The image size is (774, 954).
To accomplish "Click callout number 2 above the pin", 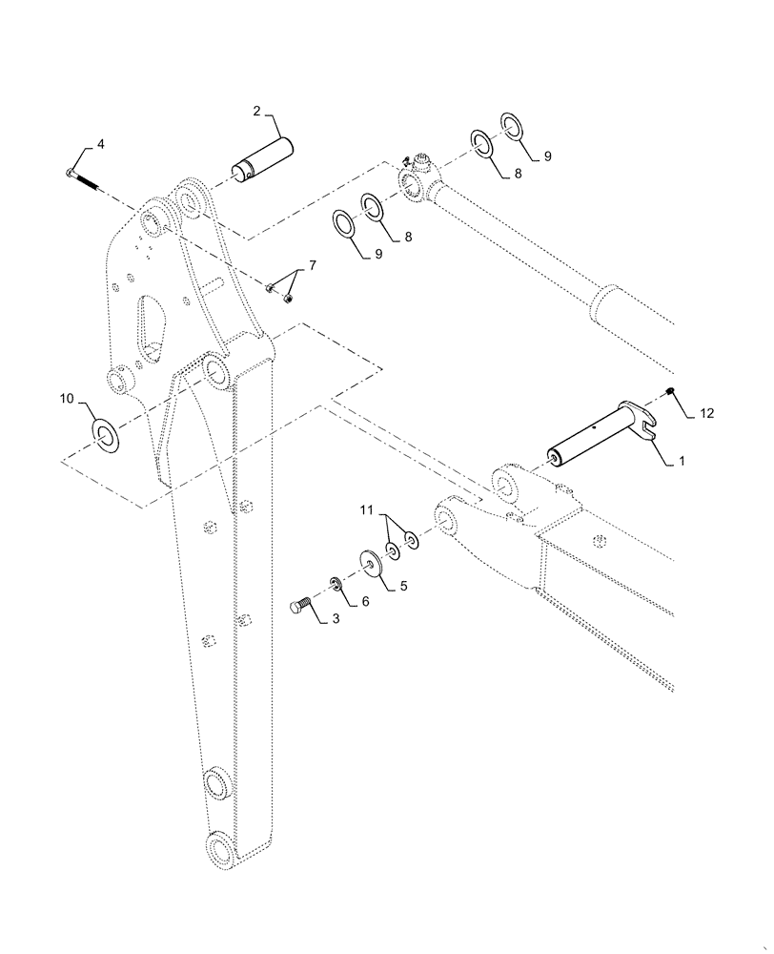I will click(x=257, y=113).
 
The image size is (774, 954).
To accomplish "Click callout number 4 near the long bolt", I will click(x=101, y=144).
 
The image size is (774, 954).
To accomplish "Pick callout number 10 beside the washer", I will click(x=68, y=398).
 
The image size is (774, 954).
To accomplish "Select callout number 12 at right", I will click(x=705, y=413).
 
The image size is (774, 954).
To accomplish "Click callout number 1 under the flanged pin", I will click(x=681, y=461).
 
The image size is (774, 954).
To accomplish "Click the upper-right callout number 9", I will click(x=548, y=155).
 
